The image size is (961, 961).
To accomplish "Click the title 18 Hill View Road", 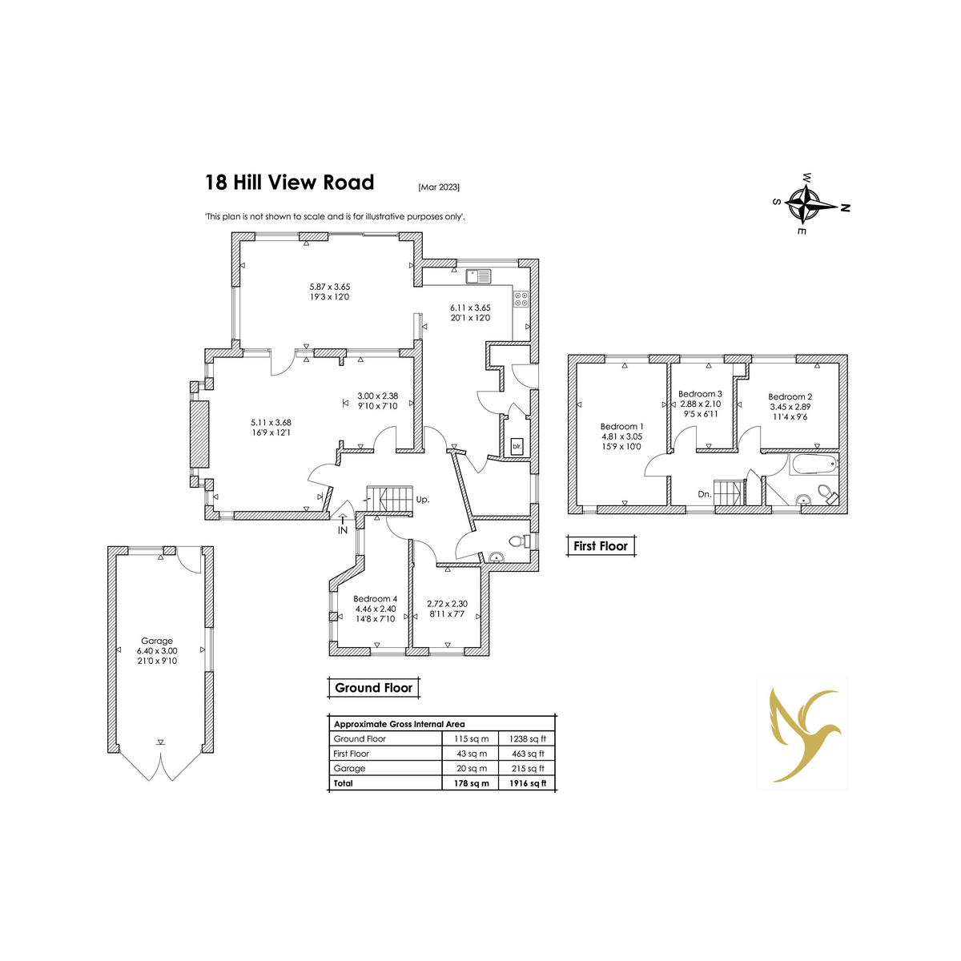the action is [289, 183].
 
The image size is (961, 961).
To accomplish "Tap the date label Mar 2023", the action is [439, 187].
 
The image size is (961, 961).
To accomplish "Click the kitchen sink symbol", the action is [479, 275].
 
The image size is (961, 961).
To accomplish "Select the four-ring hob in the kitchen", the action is [521, 300].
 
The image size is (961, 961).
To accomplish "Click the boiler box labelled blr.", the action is [517, 446].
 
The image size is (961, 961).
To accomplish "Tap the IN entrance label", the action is [343, 531].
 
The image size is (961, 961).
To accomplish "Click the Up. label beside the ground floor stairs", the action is [422, 499].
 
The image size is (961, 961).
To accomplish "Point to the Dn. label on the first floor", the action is [705, 495].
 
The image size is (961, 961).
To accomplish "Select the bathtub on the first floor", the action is [814, 464].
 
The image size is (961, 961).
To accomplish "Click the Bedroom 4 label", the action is [375, 598].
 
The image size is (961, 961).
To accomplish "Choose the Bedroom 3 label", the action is [700, 394].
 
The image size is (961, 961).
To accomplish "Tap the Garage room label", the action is [157, 641].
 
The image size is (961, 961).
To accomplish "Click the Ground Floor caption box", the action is [373, 688].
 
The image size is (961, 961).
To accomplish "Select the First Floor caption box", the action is [601, 546].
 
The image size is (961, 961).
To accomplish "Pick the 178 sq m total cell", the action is [471, 783].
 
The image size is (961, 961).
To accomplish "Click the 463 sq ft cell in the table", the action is [527, 754].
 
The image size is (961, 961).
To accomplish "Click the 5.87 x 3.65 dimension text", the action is [330, 287].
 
